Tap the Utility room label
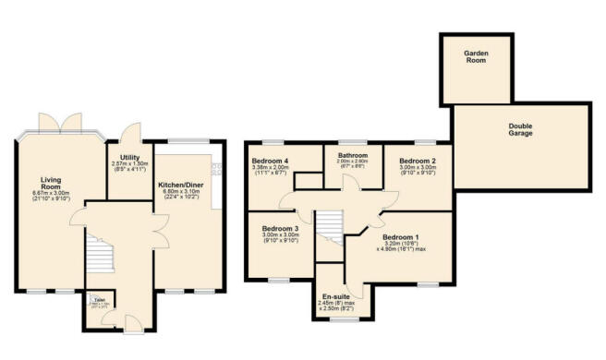point(129,158)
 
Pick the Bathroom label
point(353,155)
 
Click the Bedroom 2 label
point(418,161)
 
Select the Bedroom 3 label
point(279,228)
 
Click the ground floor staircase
point(98,253)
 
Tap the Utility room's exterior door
point(135,131)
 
